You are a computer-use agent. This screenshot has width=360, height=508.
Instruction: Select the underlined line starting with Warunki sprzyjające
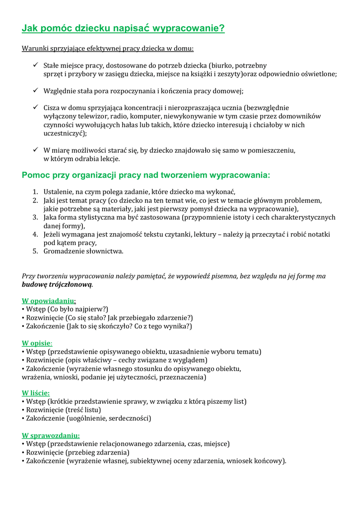(x=108, y=49)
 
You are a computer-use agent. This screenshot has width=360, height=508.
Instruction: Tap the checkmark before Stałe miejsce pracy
(x=36, y=65)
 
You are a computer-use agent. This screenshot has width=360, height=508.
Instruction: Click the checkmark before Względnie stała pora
(x=36, y=91)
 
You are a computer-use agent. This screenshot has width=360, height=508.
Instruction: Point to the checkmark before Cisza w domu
(x=36, y=107)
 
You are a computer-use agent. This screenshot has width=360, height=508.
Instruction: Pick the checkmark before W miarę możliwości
(x=36, y=150)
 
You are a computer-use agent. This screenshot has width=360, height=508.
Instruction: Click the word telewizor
(x=88, y=116)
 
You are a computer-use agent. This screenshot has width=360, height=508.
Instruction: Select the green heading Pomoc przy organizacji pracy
(x=146, y=175)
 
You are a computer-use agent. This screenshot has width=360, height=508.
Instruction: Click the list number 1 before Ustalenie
(x=35, y=192)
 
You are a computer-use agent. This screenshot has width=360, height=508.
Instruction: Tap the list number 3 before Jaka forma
(x=35, y=217)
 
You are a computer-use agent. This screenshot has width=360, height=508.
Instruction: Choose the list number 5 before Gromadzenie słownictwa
(x=35, y=251)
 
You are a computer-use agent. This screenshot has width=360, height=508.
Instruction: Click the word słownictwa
(x=103, y=251)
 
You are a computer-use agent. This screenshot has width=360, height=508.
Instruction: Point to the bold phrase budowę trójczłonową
(x=57, y=285)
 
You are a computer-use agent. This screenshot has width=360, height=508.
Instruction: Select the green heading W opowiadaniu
(x=48, y=301)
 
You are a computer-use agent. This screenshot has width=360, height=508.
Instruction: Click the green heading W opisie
(x=37, y=343)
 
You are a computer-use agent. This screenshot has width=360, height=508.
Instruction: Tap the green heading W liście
(x=36, y=393)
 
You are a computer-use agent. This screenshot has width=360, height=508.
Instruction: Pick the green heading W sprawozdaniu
(x=51, y=436)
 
